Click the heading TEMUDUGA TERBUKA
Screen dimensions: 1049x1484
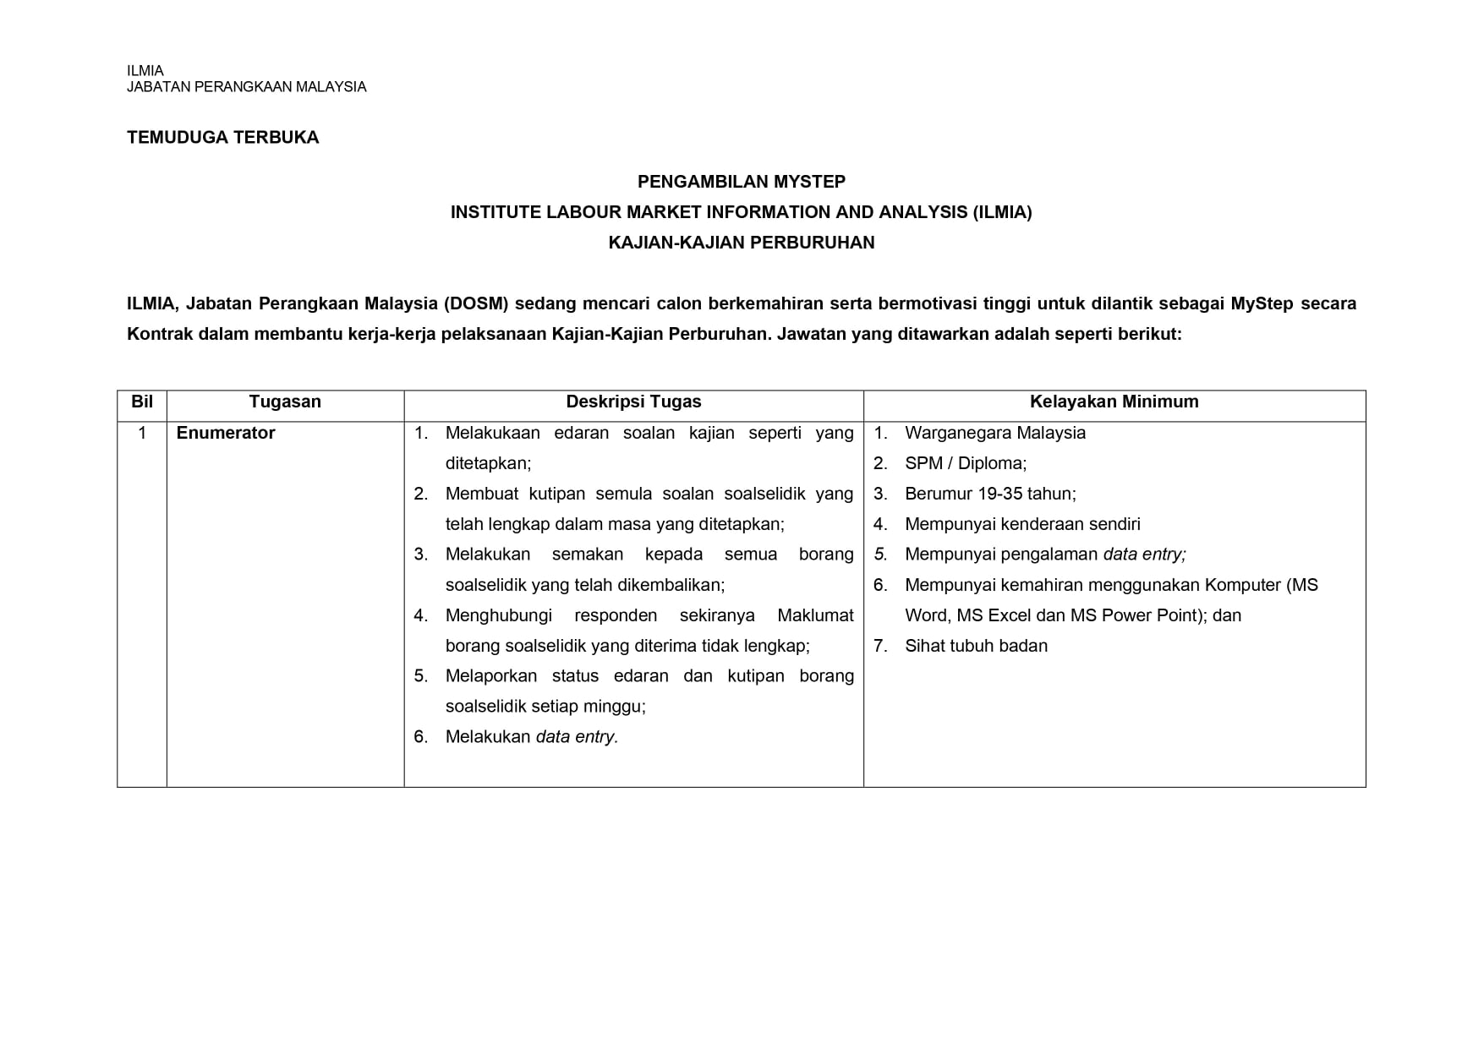(222, 138)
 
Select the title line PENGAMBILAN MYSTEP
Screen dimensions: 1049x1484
(741, 182)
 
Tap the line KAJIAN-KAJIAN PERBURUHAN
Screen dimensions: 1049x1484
(741, 243)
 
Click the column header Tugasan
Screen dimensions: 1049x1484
(285, 402)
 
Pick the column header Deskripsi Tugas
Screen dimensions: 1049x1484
(633, 402)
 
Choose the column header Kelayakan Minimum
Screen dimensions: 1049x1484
(1114, 402)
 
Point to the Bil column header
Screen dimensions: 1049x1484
(142, 402)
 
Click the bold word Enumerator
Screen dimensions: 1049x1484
(226, 433)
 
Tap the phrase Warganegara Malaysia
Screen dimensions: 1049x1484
(994, 433)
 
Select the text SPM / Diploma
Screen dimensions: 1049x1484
(965, 463)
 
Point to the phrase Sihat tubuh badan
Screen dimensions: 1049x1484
(976, 646)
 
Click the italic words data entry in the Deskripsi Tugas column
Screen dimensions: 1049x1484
(577, 737)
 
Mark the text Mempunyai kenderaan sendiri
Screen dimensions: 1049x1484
(1022, 524)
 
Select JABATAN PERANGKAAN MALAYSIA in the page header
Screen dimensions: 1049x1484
(246, 87)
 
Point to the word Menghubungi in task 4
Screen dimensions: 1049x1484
(497, 615)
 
